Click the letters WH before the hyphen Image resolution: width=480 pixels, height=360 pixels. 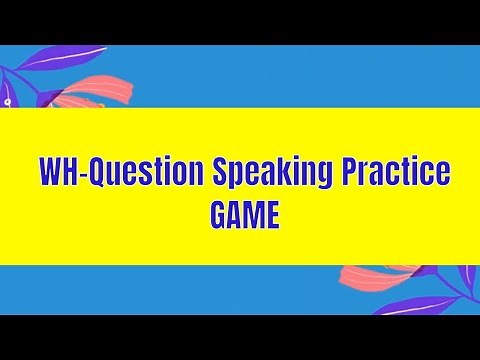click(x=59, y=172)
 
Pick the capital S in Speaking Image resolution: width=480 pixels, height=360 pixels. click(x=220, y=172)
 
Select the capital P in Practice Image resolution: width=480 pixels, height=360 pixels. click(x=344, y=172)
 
